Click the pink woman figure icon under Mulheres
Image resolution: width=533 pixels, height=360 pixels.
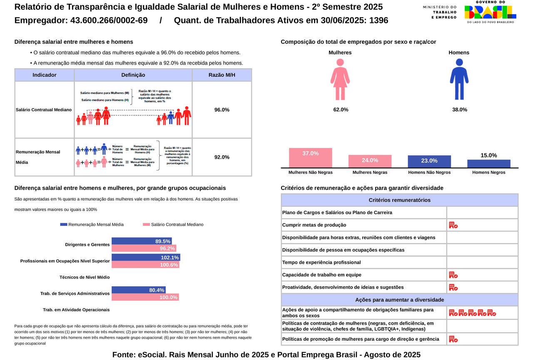tap(340, 79)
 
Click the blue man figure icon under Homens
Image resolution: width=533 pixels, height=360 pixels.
tap(459, 79)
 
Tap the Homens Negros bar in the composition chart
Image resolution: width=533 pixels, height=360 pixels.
tap(488, 163)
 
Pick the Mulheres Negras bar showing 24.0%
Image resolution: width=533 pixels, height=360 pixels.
tap(370, 161)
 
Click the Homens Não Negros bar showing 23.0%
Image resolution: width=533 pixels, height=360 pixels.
tap(429, 161)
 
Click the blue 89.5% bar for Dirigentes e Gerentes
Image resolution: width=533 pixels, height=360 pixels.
tap(142, 241)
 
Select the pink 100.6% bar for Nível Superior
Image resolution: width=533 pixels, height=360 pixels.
tap(145, 265)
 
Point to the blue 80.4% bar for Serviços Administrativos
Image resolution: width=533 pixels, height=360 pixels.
tap(139, 290)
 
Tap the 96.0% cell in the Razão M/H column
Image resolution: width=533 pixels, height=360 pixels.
tap(222, 110)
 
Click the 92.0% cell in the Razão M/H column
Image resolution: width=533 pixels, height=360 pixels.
tap(222, 157)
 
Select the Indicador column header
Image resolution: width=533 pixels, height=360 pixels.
tap(44, 75)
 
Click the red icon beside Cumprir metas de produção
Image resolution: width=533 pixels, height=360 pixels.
tap(453, 225)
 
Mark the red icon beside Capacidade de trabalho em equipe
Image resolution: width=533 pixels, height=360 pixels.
tap(453, 275)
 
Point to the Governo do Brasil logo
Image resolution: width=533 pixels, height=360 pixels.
tap(490, 12)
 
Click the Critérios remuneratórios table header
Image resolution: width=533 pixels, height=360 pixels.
tap(399, 200)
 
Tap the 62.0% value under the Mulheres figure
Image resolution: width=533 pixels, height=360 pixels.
tap(341, 110)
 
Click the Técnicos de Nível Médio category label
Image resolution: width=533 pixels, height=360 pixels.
tap(85, 277)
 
